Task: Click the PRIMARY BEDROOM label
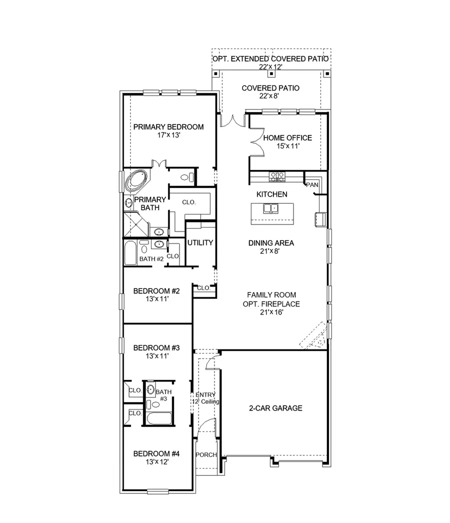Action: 168,127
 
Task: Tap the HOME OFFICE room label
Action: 287,138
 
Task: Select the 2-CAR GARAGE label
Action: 275,408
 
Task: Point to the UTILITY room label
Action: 200,243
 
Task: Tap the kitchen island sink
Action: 271,208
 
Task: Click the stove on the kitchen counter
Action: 277,176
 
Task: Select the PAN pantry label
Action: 312,185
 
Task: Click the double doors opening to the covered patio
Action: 230,121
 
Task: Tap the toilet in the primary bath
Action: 186,176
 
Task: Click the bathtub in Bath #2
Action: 130,253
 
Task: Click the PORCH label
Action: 205,455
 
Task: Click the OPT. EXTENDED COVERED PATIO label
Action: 270,58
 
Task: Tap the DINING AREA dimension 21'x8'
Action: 271,251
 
